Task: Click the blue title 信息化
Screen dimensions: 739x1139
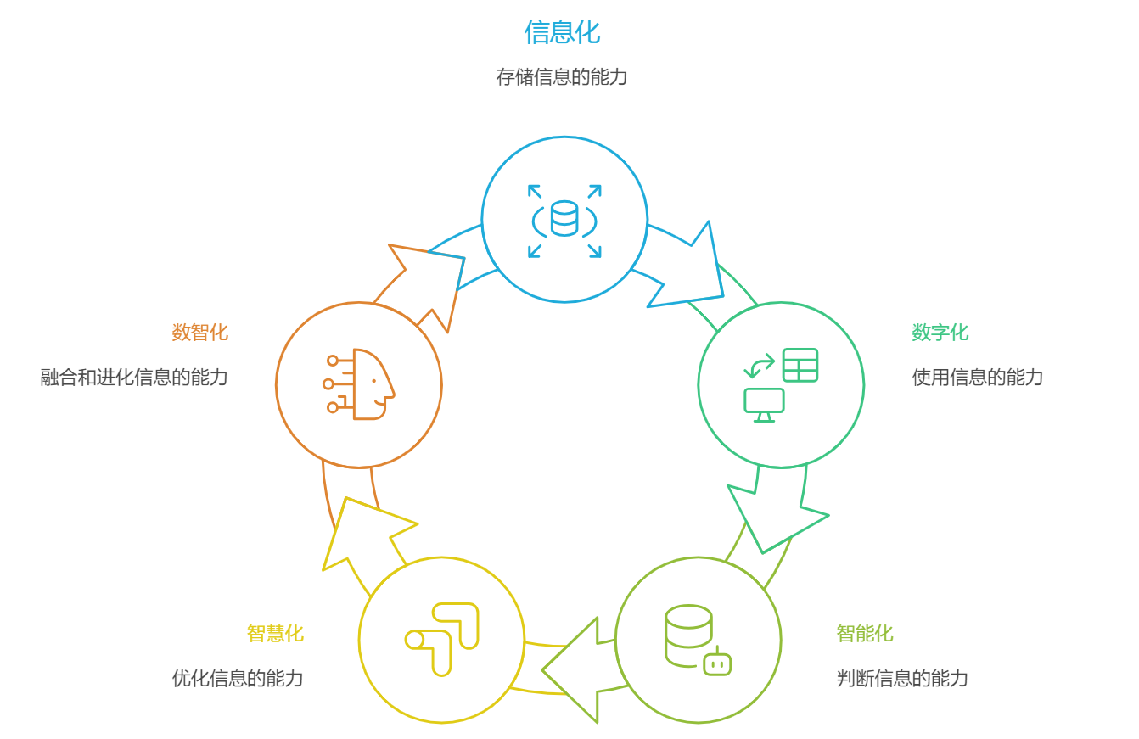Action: pyautogui.click(x=562, y=32)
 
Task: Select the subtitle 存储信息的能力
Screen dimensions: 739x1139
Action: pyautogui.click(x=562, y=77)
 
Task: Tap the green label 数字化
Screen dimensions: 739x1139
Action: pyautogui.click(x=940, y=333)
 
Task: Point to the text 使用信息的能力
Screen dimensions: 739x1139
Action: pyautogui.click(x=977, y=378)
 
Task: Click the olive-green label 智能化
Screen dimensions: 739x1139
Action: pyautogui.click(x=864, y=634)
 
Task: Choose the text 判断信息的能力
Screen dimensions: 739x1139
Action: pyautogui.click(x=902, y=679)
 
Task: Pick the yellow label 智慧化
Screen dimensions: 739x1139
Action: pyautogui.click(x=275, y=634)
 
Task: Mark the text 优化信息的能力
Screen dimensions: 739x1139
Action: pyautogui.click(x=238, y=679)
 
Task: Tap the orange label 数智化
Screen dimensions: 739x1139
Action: pyautogui.click(x=200, y=333)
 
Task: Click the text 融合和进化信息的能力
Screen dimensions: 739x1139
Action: pyautogui.click(x=134, y=378)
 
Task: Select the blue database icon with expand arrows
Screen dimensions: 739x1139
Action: pyautogui.click(x=564, y=220)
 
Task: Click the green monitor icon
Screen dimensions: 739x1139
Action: pyautogui.click(x=764, y=404)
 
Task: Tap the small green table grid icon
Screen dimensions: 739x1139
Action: pyautogui.click(x=800, y=365)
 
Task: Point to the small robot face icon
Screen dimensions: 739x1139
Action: pyautogui.click(x=717, y=663)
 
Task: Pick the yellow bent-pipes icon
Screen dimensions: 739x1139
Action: pyautogui.click(x=442, y=639)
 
